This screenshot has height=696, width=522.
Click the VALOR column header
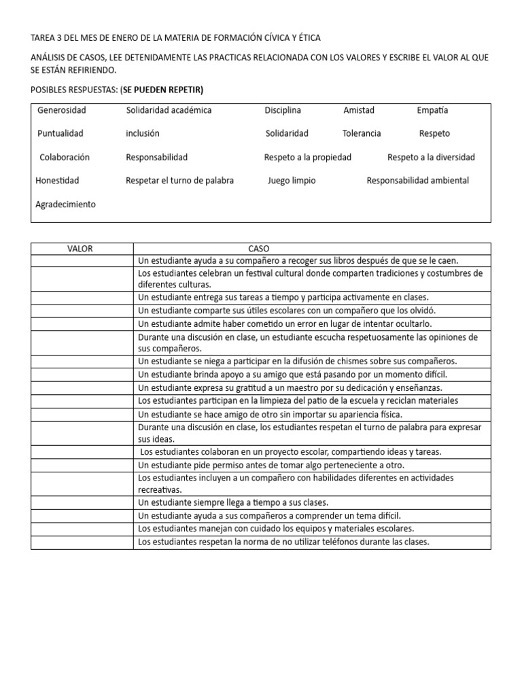click(x=80, y=249)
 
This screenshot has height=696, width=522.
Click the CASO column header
click(x=258, y=249)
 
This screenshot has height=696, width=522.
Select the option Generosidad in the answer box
click(x=62, y=110)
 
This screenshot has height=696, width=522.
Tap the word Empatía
click(x=432, y=110)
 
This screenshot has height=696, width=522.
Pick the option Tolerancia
click(x=362, y=134)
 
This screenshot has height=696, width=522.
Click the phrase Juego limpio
click(x=292, y=181)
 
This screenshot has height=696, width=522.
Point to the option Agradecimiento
click(x=65, y=205)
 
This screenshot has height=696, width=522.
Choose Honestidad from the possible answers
click(x=57, y=181)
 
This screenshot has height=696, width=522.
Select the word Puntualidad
click(x=60, y=134)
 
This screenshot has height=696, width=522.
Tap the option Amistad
click(x=359, y=110)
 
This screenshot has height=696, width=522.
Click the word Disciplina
click(x=283, y=110)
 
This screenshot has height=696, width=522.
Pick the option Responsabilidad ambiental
click(x=417, y=181)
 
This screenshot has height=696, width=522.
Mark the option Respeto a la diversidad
click(x=431, y=158)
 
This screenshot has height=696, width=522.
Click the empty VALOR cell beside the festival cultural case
click(x=82, y=279)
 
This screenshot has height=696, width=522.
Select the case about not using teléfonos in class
click(x=283, y=542)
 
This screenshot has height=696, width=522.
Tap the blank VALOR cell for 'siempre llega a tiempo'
click(x=82, y=503)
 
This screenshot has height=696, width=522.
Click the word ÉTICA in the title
click(x=306, y=38)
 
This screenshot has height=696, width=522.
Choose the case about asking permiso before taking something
click(x=271, y=466)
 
